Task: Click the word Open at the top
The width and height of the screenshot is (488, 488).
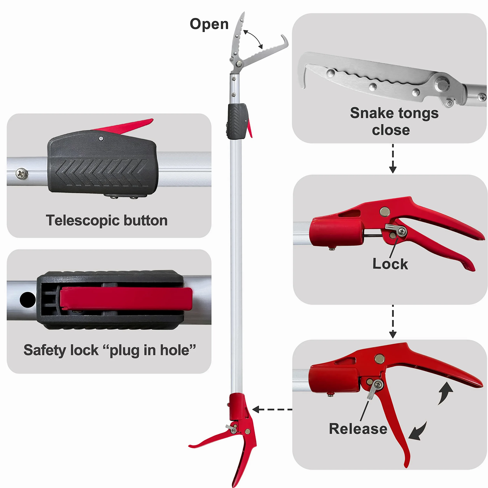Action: click(209, 25)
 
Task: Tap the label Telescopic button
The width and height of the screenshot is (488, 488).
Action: click(107, 220)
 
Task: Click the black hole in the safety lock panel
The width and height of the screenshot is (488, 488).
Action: click(27, 300)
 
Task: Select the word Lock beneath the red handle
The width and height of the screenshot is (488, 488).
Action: click(390, 264)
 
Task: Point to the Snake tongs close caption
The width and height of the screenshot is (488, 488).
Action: click(394, 121)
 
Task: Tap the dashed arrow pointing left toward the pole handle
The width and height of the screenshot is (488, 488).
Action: click(272, 409)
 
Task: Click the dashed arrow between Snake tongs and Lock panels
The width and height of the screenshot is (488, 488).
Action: click(393, 159)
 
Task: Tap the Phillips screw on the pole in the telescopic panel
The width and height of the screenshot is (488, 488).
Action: click(22, 174)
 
